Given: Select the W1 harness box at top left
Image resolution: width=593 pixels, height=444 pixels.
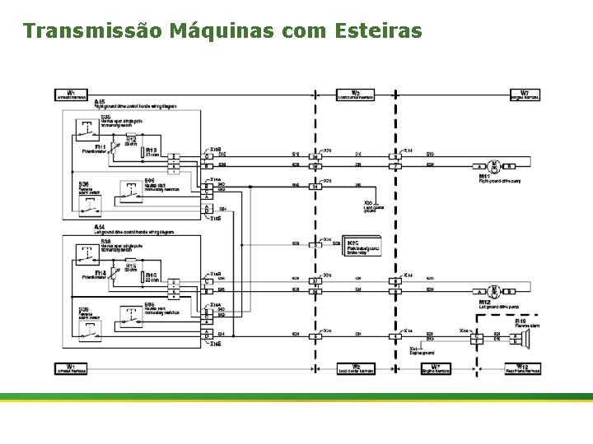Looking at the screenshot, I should pos(71,95).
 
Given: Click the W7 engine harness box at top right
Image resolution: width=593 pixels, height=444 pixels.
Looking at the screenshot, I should pos(524,95).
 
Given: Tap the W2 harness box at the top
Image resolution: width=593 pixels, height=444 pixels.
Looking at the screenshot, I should pos(355,95).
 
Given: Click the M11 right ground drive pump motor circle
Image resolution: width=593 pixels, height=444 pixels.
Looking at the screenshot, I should pos(494,165).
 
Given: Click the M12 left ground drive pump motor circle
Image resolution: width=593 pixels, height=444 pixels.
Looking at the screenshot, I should pos(494,291).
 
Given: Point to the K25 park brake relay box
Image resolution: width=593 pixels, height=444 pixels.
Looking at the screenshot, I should pos(362,247).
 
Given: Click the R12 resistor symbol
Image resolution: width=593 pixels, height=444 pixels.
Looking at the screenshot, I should pos(119,141).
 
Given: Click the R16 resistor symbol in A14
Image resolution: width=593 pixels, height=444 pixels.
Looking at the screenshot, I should pos(139,277).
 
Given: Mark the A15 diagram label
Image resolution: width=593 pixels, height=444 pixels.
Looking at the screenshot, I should pos(100,101).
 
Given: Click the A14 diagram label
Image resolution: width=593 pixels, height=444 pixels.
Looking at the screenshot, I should pos(100,227).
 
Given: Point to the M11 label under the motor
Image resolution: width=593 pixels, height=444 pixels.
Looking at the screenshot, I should pos(485,177).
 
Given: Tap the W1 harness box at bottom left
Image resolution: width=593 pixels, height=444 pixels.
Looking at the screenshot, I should pos(71,368).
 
